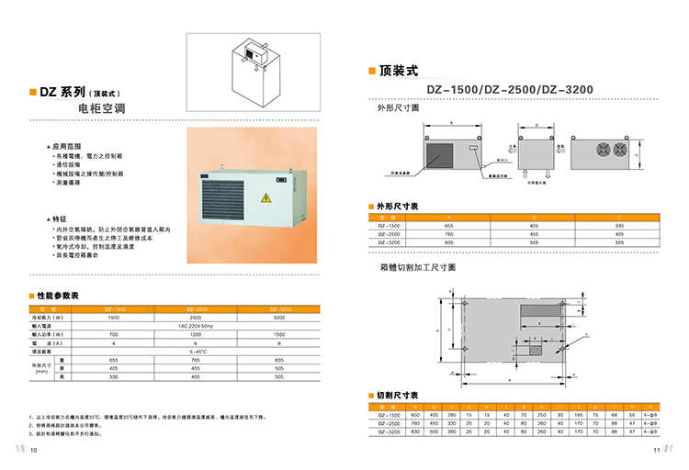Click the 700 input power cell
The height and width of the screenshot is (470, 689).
coord(114,334)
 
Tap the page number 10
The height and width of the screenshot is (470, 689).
coord(34,450)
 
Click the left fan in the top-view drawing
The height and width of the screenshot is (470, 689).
coord(588,151)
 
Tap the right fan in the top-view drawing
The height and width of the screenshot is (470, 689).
coord(609,151)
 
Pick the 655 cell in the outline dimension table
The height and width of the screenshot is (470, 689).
coord(449,225)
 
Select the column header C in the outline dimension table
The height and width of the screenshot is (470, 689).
coord(619,217)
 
